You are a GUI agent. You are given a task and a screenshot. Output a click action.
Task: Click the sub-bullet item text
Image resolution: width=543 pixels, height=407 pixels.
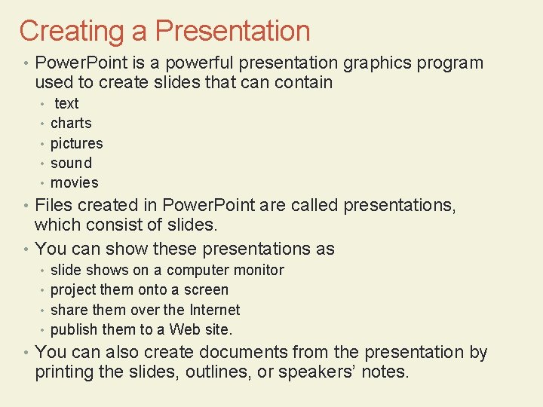pos(66,103)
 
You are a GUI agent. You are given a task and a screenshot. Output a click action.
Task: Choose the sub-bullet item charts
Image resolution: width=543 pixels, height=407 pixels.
pos(71,123)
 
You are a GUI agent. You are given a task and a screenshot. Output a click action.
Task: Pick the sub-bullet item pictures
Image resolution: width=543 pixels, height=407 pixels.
pos(76,143)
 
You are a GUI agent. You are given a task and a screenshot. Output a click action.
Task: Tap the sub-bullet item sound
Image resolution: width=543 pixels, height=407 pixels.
pos(71,163)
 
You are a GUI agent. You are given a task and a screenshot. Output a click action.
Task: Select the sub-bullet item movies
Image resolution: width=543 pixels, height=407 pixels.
pos(74,182)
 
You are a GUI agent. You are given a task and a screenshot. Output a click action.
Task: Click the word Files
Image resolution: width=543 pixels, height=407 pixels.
pos(54,205)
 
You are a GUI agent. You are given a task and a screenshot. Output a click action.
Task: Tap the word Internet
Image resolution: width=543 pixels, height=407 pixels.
pos(214,310)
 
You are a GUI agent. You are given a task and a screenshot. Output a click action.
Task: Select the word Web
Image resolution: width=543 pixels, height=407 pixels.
pos(185,329)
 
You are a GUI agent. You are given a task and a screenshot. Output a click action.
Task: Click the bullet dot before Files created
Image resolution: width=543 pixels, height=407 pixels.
pos(26,206)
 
